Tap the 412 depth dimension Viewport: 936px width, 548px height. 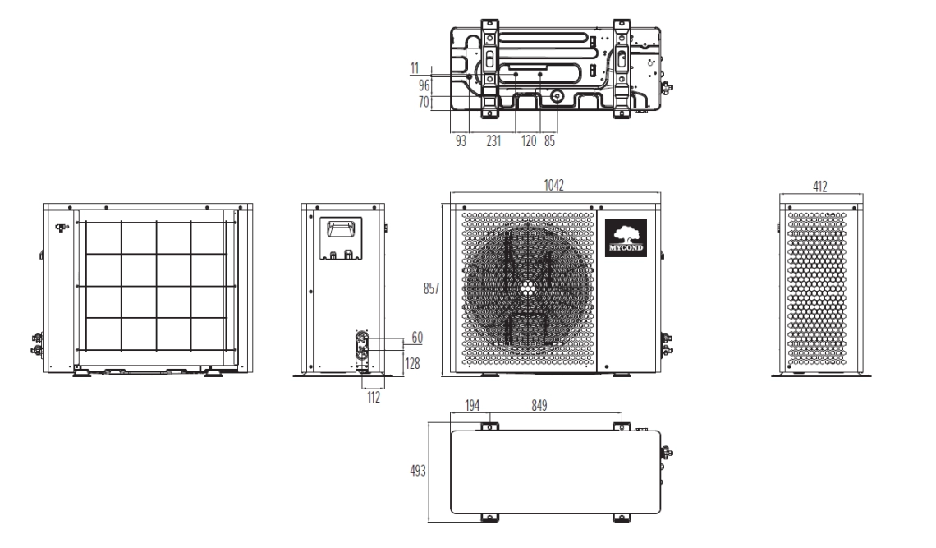(819, 187)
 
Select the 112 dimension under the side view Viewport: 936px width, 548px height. (373, 395)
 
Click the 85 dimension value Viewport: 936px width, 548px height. (548, 141)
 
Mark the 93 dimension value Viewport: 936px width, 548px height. (461, 141)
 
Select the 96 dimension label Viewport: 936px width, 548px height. (424, 85)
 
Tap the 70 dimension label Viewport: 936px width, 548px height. (424, 103)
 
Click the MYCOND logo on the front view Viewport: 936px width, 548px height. (626, 238)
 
